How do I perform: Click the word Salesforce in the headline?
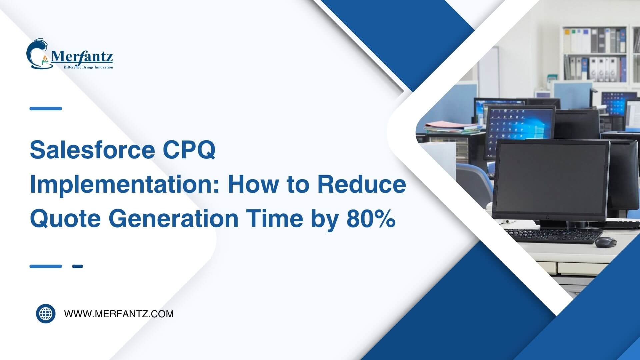coord(92,150)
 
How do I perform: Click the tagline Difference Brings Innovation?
coord(88,67)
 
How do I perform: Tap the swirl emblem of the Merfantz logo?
coord(39,53)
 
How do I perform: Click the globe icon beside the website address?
coord(46,314)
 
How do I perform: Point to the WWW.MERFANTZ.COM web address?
coord(119,314)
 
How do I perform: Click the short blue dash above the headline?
coord(46,108)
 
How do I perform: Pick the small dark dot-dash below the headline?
coord(77,266)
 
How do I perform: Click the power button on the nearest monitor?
coord(547,217)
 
